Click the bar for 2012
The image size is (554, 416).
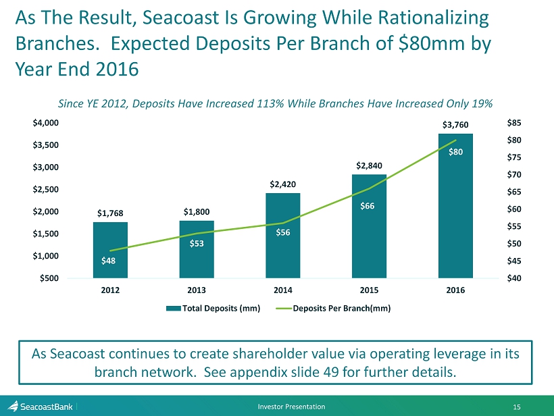pyautogui.click(x=110, y=250)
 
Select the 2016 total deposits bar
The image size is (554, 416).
pyautogui.click(x=455, y=206)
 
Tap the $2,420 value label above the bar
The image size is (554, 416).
pyautogui.click(x=282, y=184)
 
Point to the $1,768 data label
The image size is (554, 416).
pyautogui.click(x=110, y=213)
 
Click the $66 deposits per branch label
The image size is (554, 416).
pyautogui.click(x=369, y=205)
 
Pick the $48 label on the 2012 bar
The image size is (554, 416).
pyautogui.click(x=108, y=261)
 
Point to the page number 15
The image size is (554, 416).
pyautogui.click(x=536, y=406)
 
